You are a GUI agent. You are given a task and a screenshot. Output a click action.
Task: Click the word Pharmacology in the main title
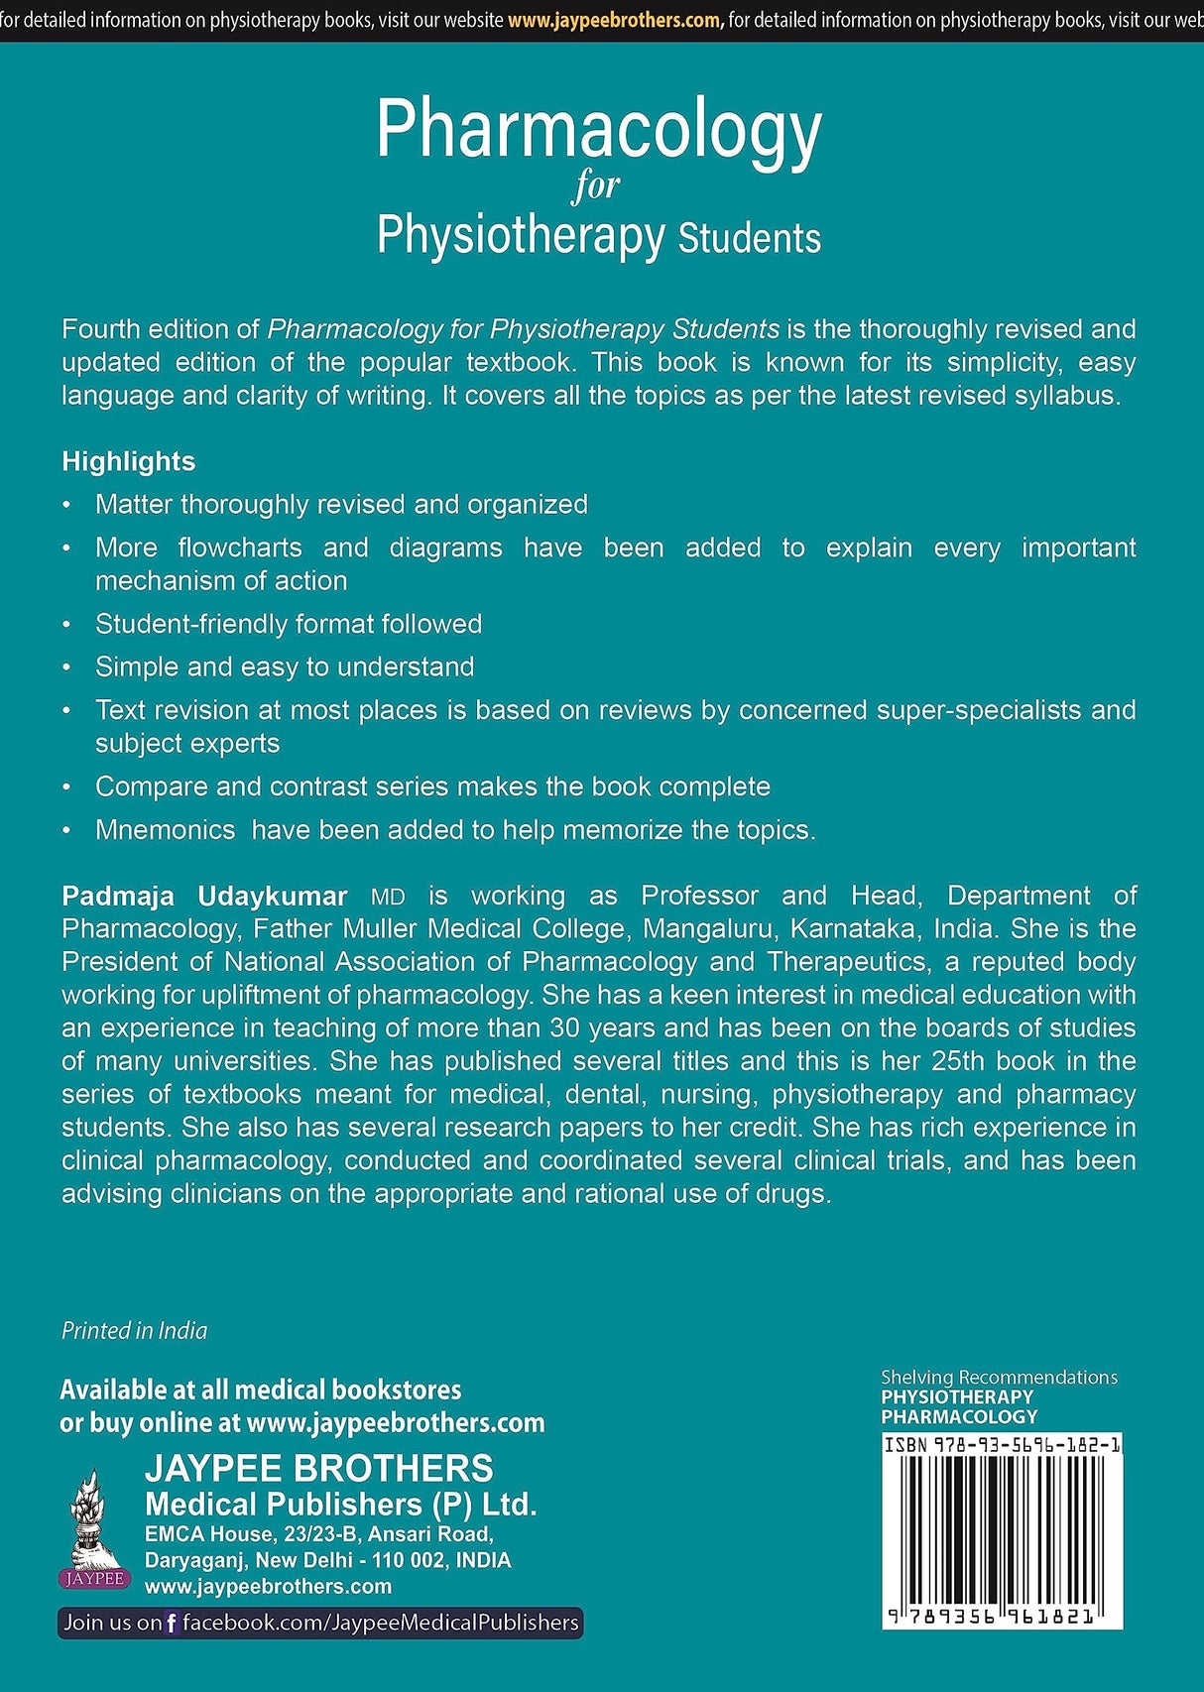598,131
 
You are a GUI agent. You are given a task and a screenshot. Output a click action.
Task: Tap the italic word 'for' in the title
596,185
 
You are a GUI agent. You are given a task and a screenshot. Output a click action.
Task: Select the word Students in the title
750,239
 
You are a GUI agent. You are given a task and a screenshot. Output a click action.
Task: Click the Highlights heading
128,461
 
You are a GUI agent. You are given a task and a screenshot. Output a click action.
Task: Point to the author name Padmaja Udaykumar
203,896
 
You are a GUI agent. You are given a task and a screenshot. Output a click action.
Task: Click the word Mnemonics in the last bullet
165,830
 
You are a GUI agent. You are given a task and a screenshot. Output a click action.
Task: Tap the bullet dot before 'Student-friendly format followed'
66,625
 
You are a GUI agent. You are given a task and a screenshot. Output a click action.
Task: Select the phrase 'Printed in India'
134,1331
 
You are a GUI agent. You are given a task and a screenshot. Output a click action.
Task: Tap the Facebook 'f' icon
172,1624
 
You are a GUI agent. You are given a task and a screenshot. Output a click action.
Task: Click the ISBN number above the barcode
1002,1445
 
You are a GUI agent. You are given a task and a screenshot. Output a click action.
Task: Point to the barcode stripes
1002,1527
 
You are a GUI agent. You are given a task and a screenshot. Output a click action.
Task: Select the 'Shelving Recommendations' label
999,1377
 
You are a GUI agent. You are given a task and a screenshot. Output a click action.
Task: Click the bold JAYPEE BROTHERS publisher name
318,1468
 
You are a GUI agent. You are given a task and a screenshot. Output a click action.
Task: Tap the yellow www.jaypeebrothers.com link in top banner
615,20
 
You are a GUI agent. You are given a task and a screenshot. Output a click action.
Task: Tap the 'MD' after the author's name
388,898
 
